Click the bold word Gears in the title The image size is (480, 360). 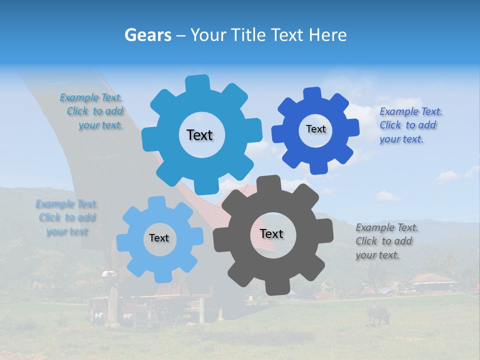(x=147, y=35)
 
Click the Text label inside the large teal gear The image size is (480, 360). (x=199, y=135)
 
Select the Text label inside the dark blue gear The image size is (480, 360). (x=315, y=129)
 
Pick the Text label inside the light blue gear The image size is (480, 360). (x=159, y=238)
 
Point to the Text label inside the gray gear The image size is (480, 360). (x=271, y=234)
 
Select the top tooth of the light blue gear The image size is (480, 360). (x=157, y=202)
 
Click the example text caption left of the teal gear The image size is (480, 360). (x=94, y=111)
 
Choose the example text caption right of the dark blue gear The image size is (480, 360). (x=410, y=125)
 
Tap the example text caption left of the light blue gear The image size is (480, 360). (x=67, y=217)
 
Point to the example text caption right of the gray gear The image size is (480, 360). (x=386, y=241)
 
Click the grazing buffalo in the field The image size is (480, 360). (x=378, y=312)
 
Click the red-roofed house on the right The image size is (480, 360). (x=432, y=281)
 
